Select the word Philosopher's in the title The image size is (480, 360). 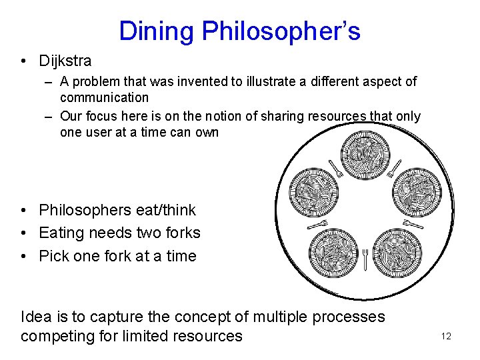(x=281, y=31)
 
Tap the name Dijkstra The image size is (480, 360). (x=65, y=61)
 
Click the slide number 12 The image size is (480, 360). (x=446, y=336)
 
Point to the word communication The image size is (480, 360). (x=104, y=97)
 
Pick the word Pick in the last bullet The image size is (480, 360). (x=53, y=256)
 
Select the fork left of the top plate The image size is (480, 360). (x=335, y=168)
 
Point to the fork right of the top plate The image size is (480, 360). (x=394, y=167)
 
